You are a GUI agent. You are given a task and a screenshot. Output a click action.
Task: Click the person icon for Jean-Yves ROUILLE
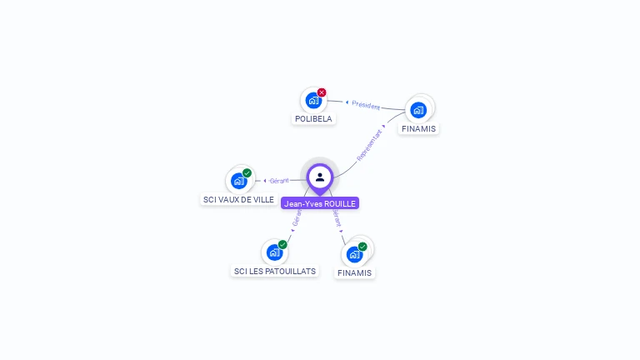point(320,177)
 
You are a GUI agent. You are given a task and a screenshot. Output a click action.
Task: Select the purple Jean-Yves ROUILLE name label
point(320,203)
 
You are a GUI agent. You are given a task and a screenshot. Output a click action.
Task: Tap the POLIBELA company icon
point(313,101)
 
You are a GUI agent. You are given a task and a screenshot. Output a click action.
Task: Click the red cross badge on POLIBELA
point(322,92)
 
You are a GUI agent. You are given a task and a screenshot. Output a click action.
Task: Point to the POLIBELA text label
point(313,119)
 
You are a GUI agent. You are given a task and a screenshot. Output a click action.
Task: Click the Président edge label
point(365,106)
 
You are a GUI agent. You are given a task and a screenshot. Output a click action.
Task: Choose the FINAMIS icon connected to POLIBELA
point(418,109)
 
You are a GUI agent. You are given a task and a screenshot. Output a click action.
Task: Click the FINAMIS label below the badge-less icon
point(418,129)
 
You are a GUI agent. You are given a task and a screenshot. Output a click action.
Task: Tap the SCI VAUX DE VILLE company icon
point(239,181)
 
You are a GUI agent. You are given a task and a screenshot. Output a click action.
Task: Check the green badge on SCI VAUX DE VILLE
point(247,172)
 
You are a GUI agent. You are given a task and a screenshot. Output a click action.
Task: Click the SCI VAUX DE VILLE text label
point(238,200)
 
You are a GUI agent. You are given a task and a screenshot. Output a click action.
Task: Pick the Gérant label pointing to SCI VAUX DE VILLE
point(278,181)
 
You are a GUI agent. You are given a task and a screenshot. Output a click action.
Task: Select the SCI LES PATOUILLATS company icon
point(274,252)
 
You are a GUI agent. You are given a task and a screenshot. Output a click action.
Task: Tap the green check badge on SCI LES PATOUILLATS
point(282,244)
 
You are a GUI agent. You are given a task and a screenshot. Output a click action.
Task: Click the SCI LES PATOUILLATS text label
point(274,272)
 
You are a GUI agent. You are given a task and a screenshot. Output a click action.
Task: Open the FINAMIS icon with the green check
point(355,254)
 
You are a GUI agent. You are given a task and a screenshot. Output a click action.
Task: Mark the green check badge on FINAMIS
point(362,246)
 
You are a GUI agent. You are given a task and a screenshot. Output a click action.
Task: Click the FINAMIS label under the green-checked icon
point(355,273)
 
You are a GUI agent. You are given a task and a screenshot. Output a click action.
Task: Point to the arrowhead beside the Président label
point(347,102)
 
